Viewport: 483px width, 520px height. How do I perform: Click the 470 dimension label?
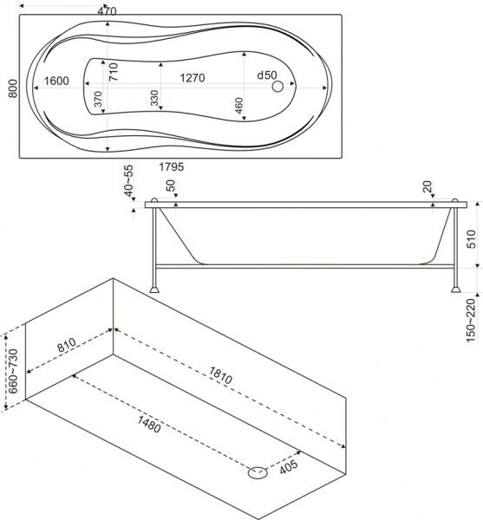click(107, 11)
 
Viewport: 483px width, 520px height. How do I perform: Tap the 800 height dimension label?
click(13, 88)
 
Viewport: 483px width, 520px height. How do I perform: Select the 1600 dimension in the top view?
click(56, 81)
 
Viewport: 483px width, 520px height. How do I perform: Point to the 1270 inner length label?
click(193, 78)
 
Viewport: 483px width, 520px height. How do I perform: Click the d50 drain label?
click(267, 75)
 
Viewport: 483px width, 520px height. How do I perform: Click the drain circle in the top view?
click(277, 87)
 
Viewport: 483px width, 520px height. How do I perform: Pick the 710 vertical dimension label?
click(114, 72)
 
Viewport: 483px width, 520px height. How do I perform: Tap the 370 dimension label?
click(98, 99)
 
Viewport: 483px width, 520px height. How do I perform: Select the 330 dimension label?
click(154, 98)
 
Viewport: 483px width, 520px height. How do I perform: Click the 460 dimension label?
click(238, 106)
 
